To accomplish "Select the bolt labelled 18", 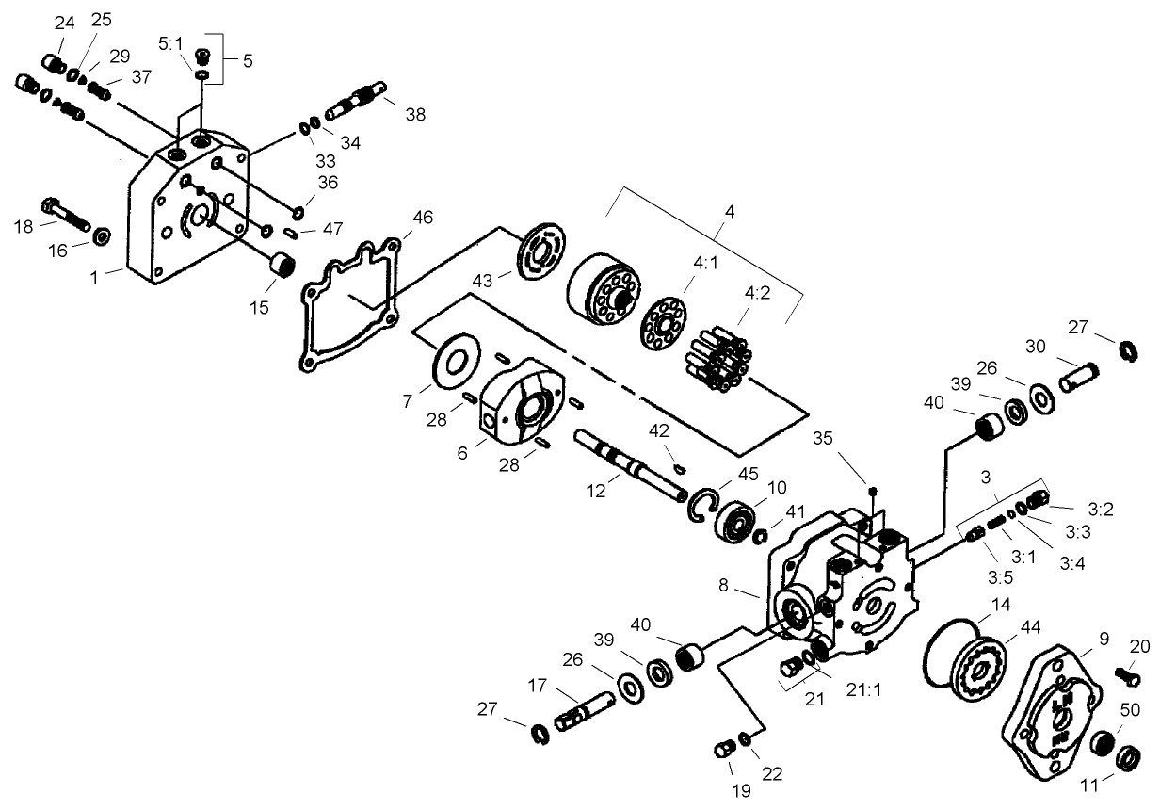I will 63,215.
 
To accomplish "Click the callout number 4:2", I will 757,292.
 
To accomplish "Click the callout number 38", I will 415,115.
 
